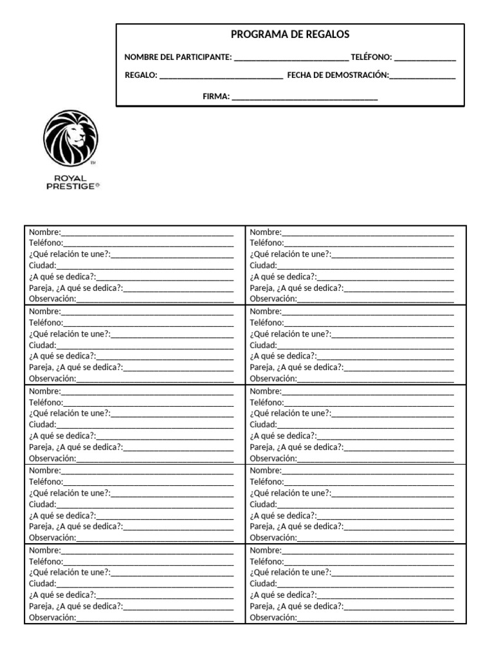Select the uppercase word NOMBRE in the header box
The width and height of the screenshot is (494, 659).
[x=140, y=57]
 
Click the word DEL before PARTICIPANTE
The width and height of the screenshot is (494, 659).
[x=165, y=57]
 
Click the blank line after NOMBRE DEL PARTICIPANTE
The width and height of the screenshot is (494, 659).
[x=291, y=59]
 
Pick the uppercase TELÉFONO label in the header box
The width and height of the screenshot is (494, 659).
[x=371, y=57]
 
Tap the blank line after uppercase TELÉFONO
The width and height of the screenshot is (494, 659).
[x=425, y=59]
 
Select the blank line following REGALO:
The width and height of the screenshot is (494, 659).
[x=221, y=77]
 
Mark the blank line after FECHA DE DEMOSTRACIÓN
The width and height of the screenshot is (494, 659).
[x=423, y=77]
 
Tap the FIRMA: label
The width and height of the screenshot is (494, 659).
[x=216, y=97]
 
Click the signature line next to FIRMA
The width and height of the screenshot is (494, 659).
[x=304, y=98]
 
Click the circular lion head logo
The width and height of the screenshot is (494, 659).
[x=71, y=137]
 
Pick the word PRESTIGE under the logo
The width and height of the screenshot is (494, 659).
[x=69, y=185]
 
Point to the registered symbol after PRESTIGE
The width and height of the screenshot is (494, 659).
[x=98, y=185]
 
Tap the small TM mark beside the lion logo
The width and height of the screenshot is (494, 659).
[x=93, y=163]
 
